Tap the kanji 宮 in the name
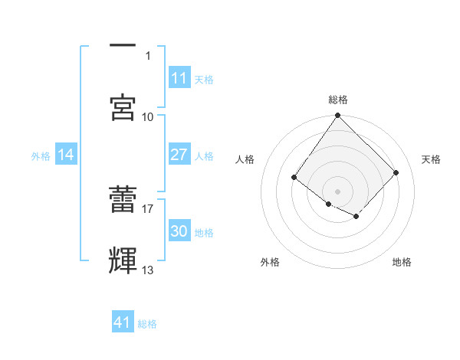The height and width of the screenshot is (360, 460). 123,107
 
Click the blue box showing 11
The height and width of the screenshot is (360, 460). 179,79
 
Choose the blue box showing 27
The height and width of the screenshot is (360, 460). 179,155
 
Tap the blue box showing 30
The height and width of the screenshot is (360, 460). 179,232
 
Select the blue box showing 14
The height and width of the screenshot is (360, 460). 66,155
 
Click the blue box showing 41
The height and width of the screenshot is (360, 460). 123,323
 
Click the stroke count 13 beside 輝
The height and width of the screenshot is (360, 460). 148,270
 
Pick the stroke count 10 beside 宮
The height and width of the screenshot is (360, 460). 148,116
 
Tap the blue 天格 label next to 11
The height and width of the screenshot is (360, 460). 204,80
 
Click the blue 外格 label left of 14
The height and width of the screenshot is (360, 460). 41,156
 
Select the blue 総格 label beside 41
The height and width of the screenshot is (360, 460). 147,324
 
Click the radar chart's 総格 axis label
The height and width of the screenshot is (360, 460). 338,100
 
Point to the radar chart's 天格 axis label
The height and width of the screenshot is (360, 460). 431,159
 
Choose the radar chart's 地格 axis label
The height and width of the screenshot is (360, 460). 402,262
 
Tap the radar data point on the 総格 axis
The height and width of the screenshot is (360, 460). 337,116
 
